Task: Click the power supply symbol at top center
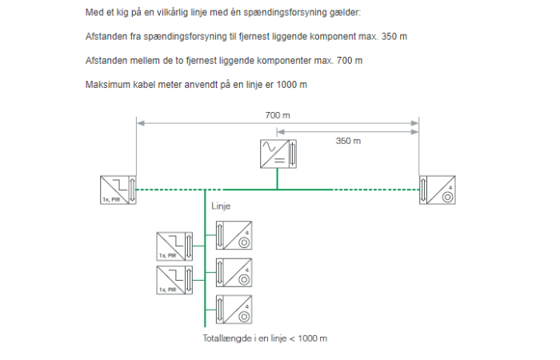pyautogui.click(x=278, y=154)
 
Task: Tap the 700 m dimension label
pyautogui.click(x=278, y=115)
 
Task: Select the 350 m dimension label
pyautogui.click(x=348, y=141)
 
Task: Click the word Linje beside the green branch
pyautogui.click(x=221, y=206)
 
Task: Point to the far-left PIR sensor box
pyautogui.click(x=118, y=190)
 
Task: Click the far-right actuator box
pyautogui.click(x=437, y=190)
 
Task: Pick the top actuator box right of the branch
pyautogui.click(x=234, y=235)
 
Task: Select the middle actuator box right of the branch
pyautogui.click(x=234, y=273)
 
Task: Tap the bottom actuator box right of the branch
pyautogui.click(x=234, y=310)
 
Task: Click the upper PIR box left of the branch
pyautogui.click(x=174, y=246)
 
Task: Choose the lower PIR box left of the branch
pyautogui.click(x=174, y=280)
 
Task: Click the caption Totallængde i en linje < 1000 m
pyautogui.click(x=265, y=338)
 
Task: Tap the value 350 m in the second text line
pyautogui.click(x=394, y=37)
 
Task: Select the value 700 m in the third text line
pyautogui.click(x=350, y=61)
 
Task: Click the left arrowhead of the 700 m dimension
pyautogui.click(x=140, y=123)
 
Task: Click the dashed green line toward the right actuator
pyautogui.click(x=376, y=190)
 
